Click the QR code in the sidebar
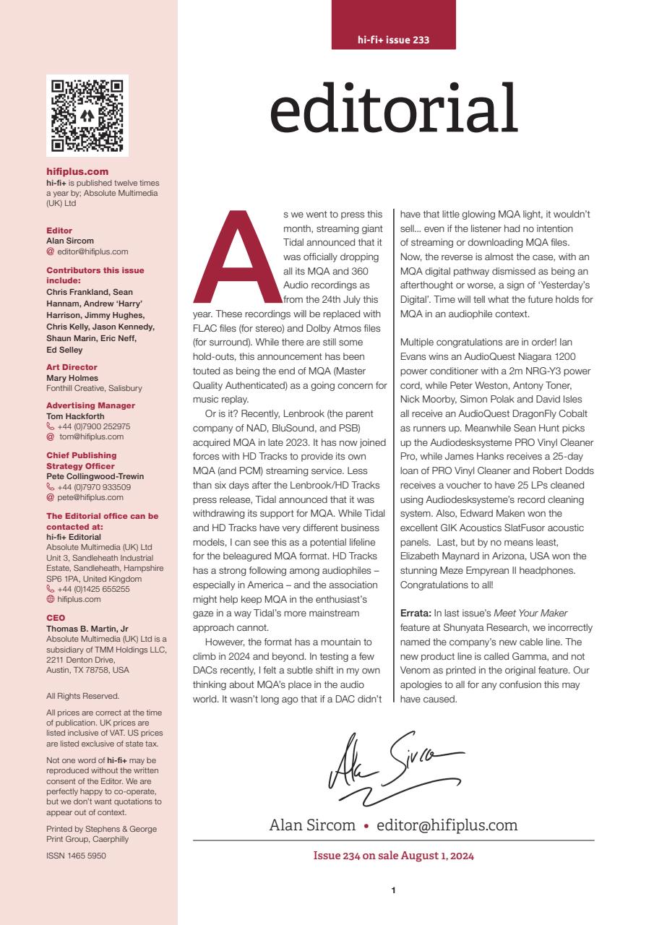point(87,116)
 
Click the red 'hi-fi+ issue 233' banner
point(394,40)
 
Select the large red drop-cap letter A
point(233,258)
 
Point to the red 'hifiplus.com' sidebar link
point(77,172)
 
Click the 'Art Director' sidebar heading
point(71,367)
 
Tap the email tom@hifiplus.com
point(91,436)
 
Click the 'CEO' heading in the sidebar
point(55,618)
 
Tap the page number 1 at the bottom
point(393,890)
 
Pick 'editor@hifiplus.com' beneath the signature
point(447,825)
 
